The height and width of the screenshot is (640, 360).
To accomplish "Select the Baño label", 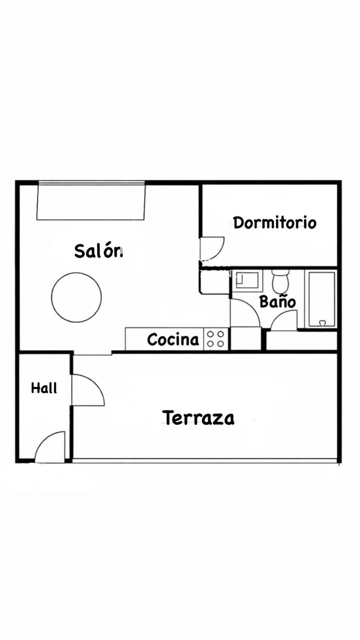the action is coord(278,302).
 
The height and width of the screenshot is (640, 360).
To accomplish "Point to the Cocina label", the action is coord(173,340).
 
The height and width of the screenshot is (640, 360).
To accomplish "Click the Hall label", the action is coord(44,388).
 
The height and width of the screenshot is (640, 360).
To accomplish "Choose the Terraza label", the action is coord(198,418).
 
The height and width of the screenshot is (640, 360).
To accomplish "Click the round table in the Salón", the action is coord(76,298).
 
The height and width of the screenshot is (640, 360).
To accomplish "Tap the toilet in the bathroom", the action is coord(280,281).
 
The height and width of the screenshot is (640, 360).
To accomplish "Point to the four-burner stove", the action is coord(216,339).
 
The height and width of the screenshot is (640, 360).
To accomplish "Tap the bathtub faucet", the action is coord(322,323).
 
